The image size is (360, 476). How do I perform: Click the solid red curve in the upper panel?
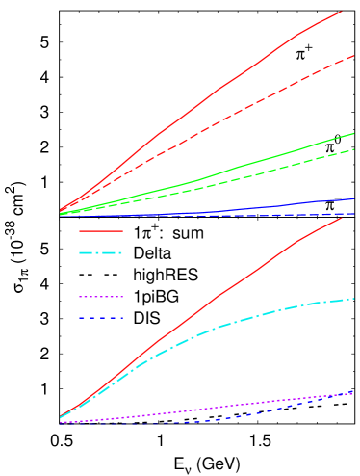[x=193, y=107]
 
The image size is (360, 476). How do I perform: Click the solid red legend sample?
[x=100, y=231]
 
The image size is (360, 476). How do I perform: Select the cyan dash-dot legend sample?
[x=100, y=253]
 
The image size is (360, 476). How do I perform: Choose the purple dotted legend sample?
[x=100, y=297]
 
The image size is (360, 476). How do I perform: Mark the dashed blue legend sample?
[x=100, y=318]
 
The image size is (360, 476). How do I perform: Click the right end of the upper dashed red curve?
[x=354, y=56]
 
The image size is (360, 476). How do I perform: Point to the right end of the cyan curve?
[x=354, y=299]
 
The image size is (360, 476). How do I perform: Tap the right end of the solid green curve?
[x=354, y=133]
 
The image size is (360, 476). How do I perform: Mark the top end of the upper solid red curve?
[x=342, y=12]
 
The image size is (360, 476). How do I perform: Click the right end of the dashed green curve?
[x=354, y=149]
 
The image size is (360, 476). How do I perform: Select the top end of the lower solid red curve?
[x=342, y=217]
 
